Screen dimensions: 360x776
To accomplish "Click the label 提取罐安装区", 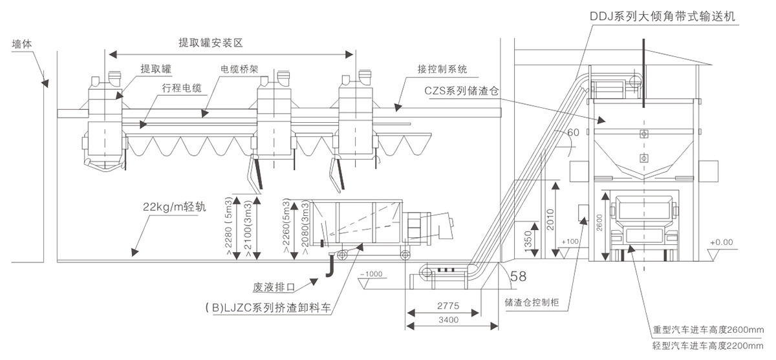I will click(x=210, y=43).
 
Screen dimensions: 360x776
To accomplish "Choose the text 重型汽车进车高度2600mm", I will click(x=710, y=328).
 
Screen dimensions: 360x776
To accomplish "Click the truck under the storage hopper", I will click(x=643, y=223).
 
